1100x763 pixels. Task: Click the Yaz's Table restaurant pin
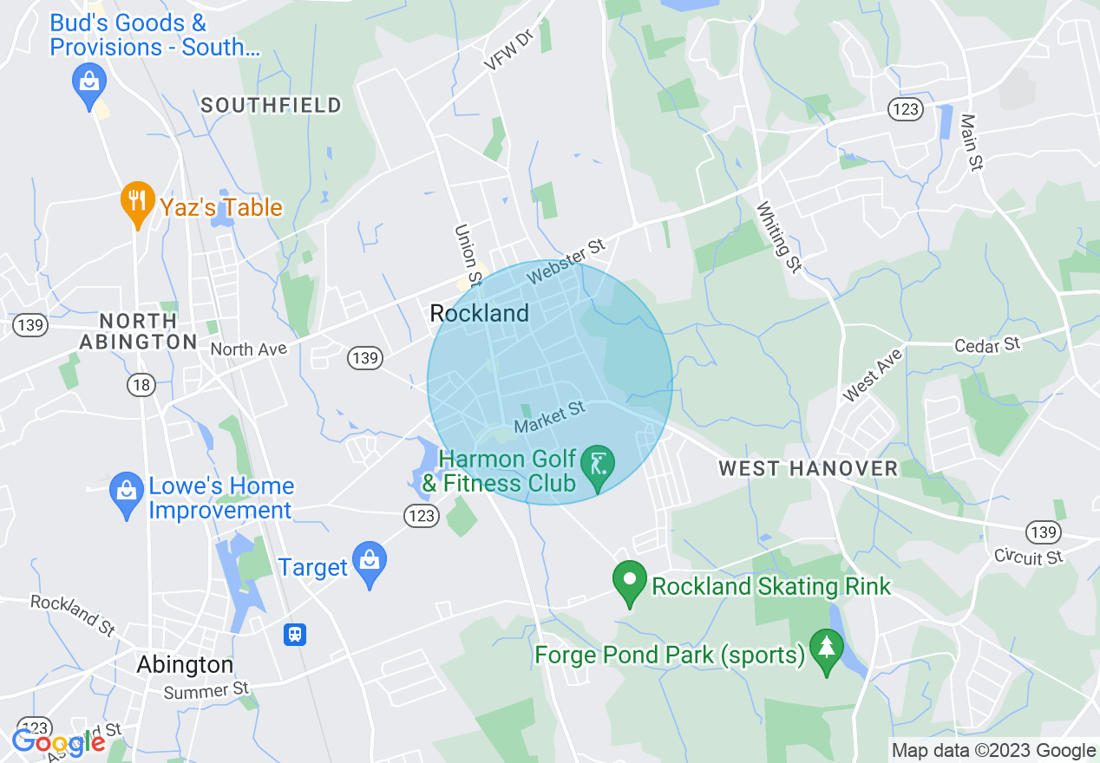coord(136,202)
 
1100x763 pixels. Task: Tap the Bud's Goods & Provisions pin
coord(89,82)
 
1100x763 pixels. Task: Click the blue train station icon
coord(295,635)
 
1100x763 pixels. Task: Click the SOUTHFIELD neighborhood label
coord(272,106)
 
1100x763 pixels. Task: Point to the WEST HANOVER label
coord(808,469)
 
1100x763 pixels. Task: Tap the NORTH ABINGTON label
coord(139,331)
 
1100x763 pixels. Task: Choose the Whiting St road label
coord(778,237)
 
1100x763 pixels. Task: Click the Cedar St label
coord(987,345)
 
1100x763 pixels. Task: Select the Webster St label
coord(566,261)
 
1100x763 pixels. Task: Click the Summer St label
coord(206,691)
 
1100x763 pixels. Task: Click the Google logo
coord(58,742)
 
